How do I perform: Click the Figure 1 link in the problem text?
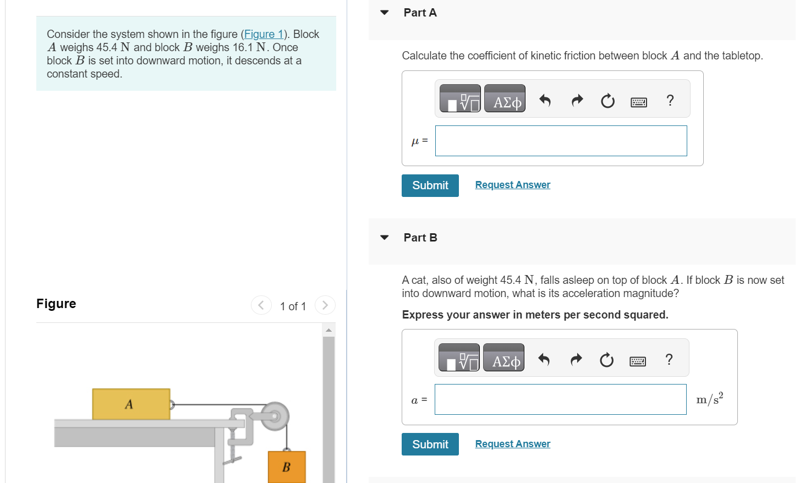click(x=264, y=34)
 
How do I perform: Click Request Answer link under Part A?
click(x=512, y=185)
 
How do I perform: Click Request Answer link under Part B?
click(x=512, y=444)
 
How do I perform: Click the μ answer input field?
click(x=561, y=141)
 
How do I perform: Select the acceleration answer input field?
click(x=560, y=399)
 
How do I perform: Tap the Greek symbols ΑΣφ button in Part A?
click(x=505, y=99)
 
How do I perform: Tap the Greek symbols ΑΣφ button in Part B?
click(x=503, y=358)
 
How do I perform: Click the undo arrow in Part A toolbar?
click(x=545, y=100)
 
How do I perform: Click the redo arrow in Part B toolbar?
click(x=576, y=359)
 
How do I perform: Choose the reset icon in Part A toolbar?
click(x=607, y=101)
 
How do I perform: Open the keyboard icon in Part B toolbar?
click(x=638, y=361)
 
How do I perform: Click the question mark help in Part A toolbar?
click(x=670, y=100)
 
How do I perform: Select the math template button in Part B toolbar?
click(x=459, y=358)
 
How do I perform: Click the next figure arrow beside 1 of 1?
click(x=325, y=305)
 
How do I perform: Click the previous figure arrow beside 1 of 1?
click(x=261, y=305)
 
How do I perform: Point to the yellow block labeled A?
click(x=131, y=404)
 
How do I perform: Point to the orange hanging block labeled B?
click(x=287, y=466)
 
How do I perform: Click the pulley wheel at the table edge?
click(x=275, y=416)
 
